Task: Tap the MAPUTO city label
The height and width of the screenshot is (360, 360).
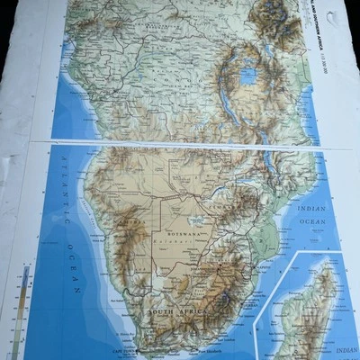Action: click(x=249, y=267)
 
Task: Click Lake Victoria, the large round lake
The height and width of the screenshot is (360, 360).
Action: click(x=247, y=76)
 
